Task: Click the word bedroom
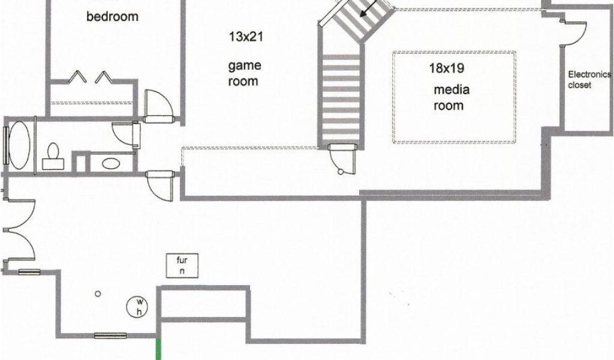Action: point(112,16)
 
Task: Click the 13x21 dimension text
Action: point(246,37)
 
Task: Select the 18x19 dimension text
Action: point(447,68)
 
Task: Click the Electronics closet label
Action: point(588,80)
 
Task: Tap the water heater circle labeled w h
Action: point(139,307)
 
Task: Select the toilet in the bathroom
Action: point(53,154)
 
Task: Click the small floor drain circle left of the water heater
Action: point(97,294)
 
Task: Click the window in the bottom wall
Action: point(111,335)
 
